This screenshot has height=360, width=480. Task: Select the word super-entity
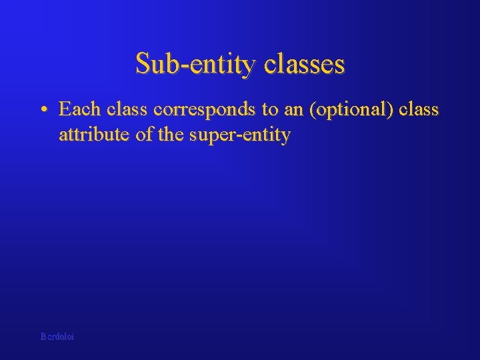(239, 136)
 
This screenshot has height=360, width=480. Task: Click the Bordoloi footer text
(57, 337)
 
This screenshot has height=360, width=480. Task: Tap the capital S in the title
(143, 64)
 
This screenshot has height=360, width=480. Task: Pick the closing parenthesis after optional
(391, 109)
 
